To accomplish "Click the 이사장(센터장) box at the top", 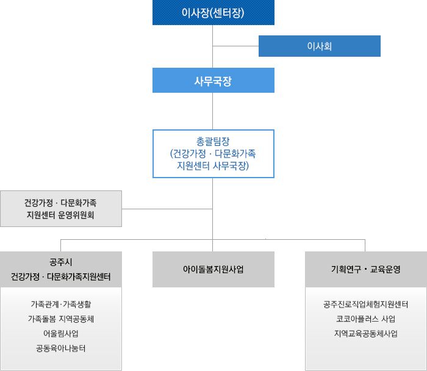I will (213, 13).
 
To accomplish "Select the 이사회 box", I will (319, 46).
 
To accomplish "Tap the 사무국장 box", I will (213, 80).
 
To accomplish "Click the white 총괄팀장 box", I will (213, 153).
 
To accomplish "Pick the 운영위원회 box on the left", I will (61, 209).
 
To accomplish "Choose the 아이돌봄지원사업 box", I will (213, 269).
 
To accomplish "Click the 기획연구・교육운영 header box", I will (365, 269).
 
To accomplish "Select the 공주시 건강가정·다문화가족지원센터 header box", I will (61, 269).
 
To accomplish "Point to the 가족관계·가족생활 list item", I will (61, 303).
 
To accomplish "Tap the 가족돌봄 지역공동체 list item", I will (61, 319).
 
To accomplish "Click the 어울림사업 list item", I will (61, 334).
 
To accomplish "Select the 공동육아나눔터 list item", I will (61, 349).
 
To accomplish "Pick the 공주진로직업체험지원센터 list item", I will (365, 303).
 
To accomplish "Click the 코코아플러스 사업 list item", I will (365, 319).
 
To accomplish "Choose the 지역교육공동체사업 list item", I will (365, 334).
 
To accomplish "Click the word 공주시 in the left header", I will (61, 262).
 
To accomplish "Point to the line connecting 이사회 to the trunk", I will (235, 46).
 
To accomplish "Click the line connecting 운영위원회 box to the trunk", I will (167, 209).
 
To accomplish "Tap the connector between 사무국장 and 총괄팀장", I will (213, 110).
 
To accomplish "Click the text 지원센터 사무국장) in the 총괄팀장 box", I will (213, 165).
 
